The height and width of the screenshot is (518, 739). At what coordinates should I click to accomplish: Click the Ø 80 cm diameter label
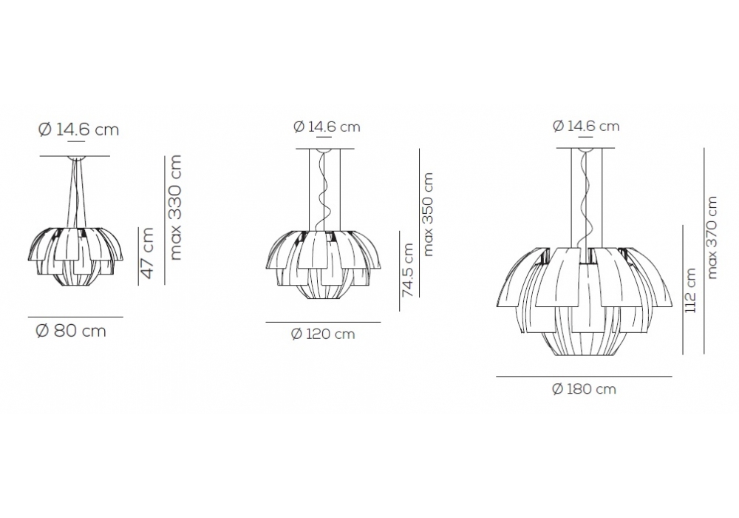71,332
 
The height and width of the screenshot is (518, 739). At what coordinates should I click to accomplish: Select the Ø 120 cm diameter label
323,334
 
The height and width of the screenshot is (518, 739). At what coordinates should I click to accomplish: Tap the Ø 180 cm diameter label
584,389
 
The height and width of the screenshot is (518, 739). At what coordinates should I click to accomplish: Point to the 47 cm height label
148,253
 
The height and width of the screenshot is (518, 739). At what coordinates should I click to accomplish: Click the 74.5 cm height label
408,270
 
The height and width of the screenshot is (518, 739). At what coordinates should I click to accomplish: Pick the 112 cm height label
690,290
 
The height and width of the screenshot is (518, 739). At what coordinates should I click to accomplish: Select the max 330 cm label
175,208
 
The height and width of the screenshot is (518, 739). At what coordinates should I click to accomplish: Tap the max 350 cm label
427,214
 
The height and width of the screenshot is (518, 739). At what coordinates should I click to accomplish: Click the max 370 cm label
712,238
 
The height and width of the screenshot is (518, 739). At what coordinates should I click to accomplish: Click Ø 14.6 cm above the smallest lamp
79,129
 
